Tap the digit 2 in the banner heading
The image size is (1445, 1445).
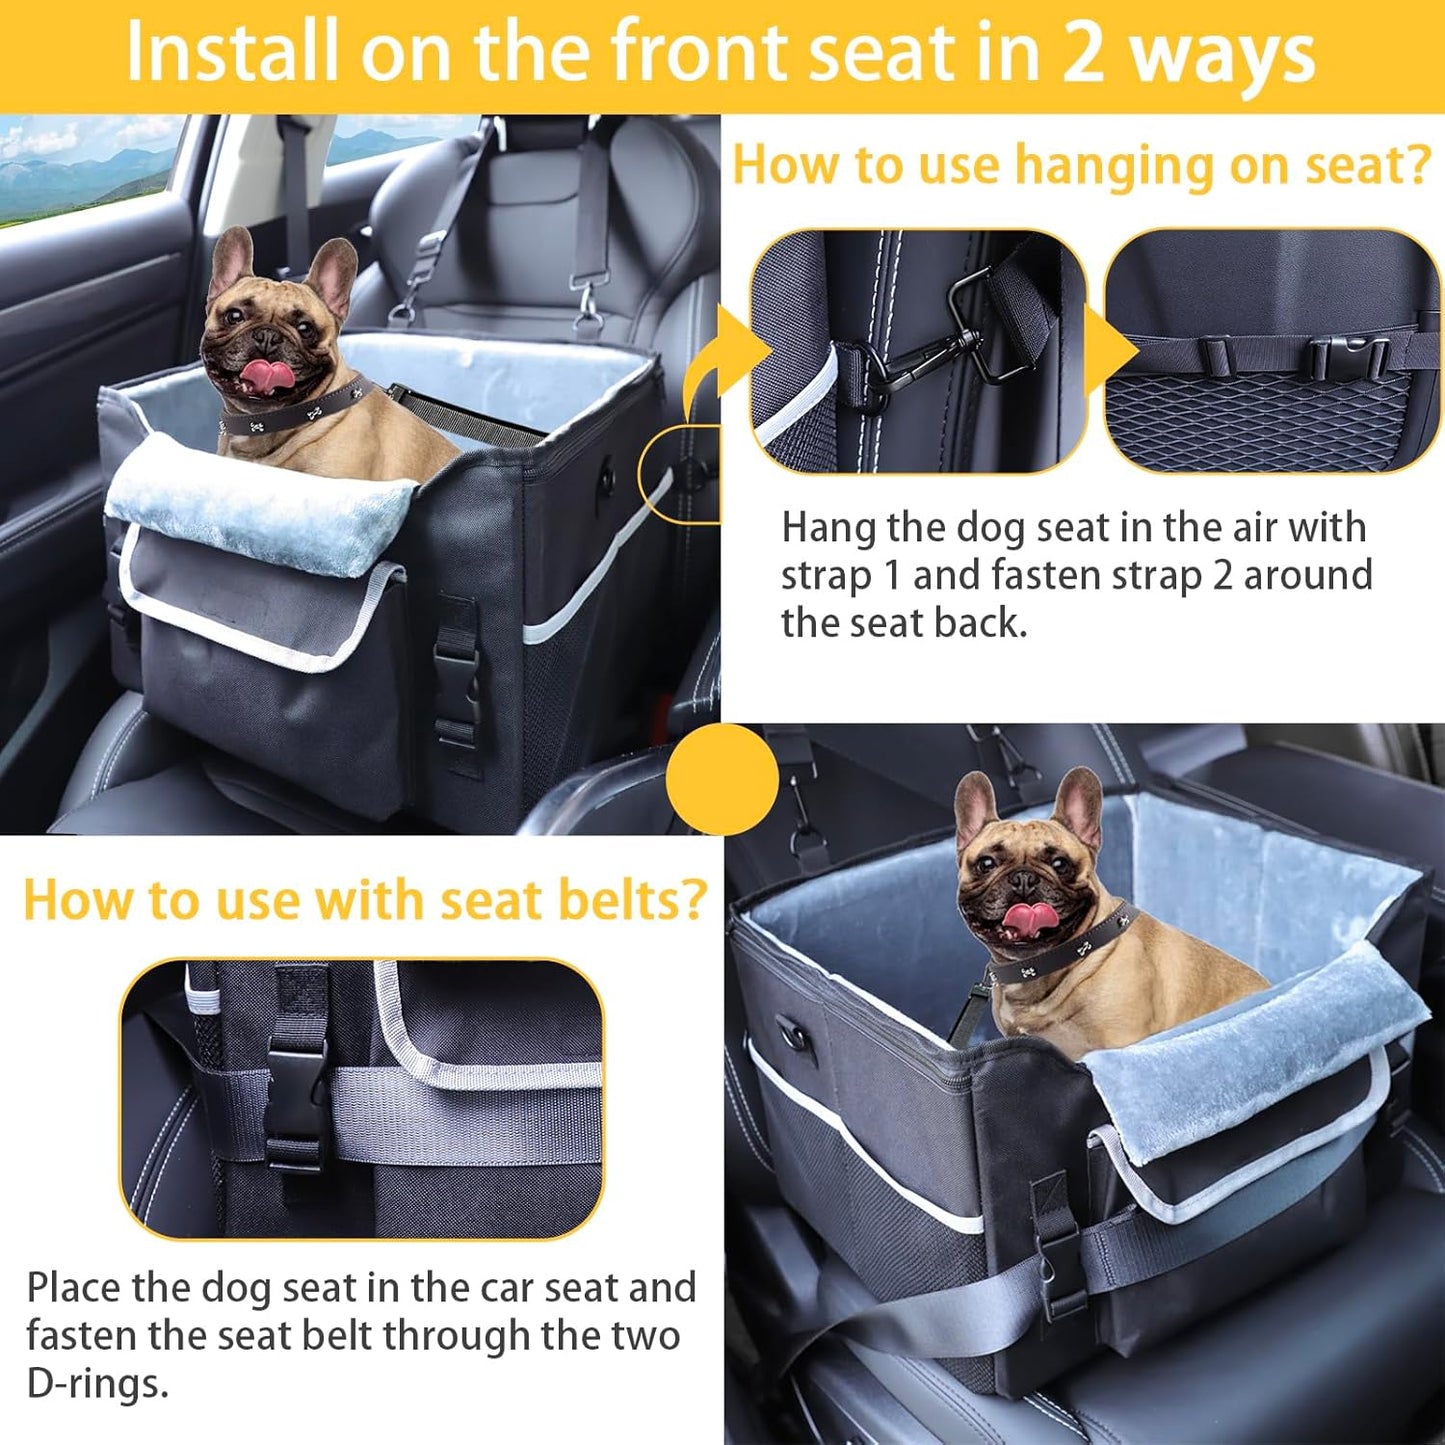pyautogui.click(x=1082, y=53)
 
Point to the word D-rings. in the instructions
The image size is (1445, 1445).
pyautogui.click(x=97, y=1384)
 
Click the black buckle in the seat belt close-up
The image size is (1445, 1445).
pyautogui.click(x=296, y=1100)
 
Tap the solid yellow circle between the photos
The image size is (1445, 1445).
pyautogui.click(x=721, y=779)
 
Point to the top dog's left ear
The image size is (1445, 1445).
pyautogui.click(x=232, y=257)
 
